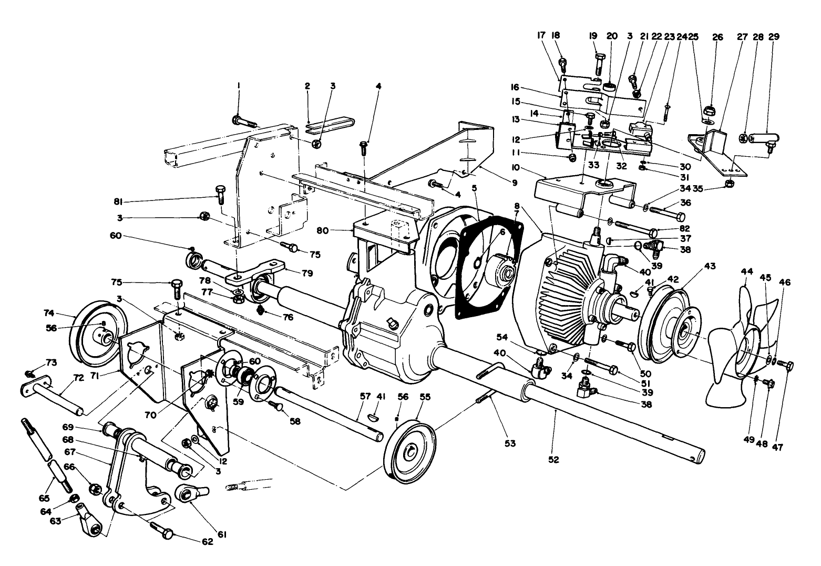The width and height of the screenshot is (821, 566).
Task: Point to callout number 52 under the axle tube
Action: pos(553,459)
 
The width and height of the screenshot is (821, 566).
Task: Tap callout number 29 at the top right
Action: pos(774,37)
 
